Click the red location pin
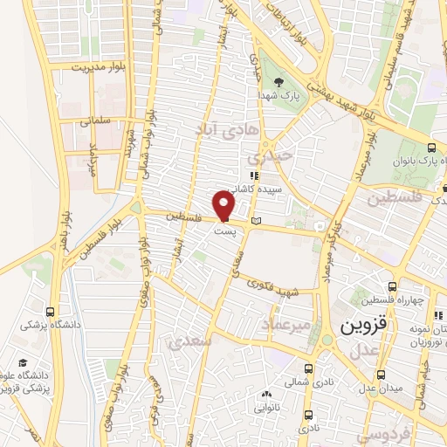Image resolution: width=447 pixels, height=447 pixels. [223, 206]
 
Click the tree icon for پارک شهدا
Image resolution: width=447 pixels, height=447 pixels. [279, 83]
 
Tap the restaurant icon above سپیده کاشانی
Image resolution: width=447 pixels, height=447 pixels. [252, 175]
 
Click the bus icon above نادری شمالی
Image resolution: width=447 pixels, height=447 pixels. [308, 368]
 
